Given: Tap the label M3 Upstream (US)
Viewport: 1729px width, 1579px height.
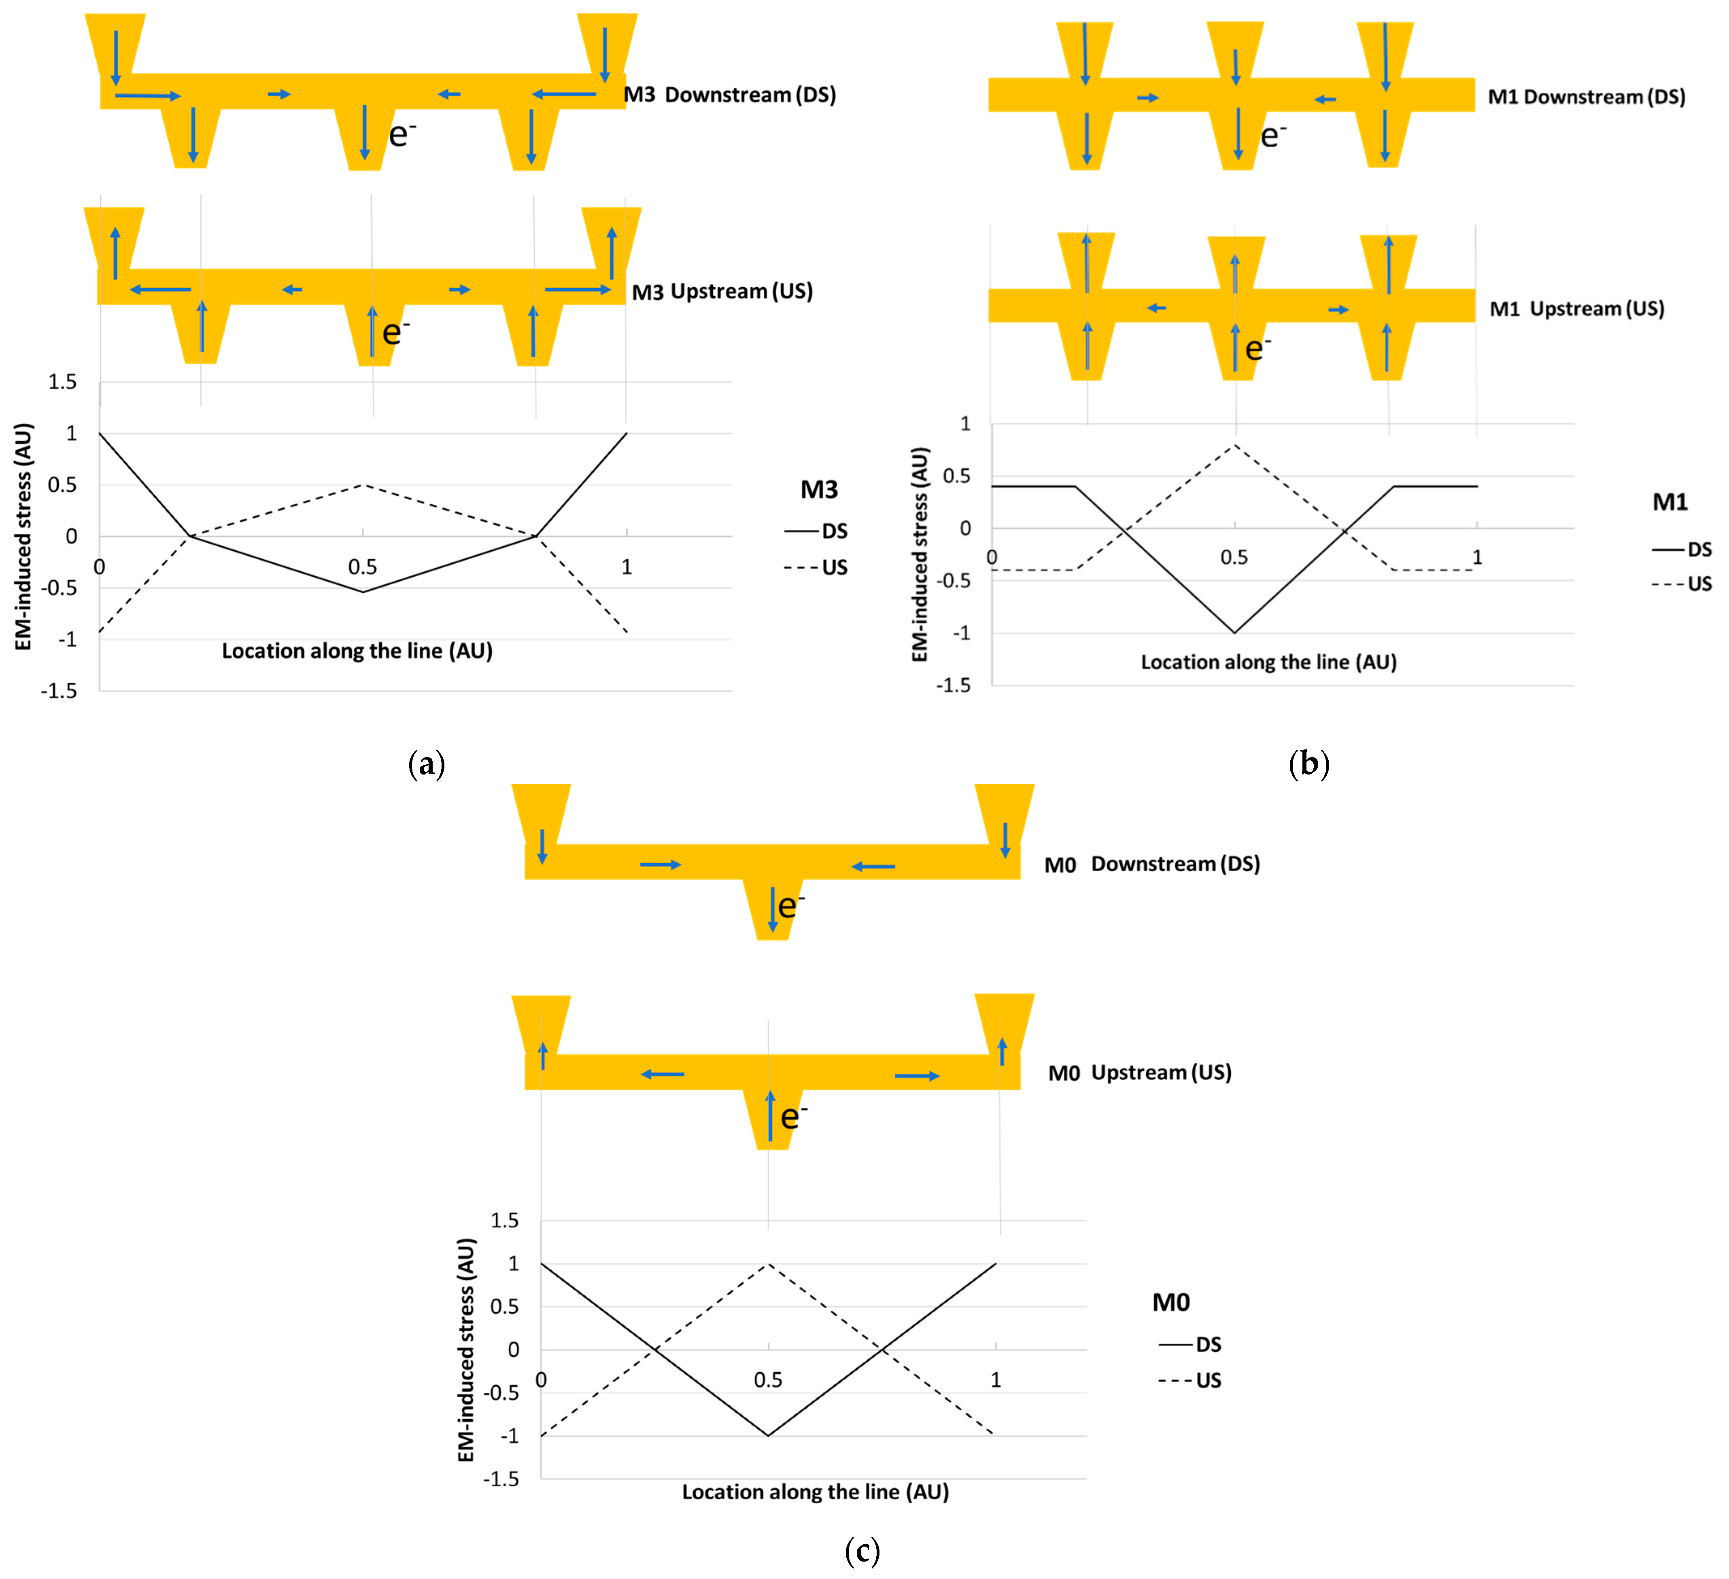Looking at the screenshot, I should (x=722, y=292).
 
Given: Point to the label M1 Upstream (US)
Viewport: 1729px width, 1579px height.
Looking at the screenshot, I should (x=1576, y=309).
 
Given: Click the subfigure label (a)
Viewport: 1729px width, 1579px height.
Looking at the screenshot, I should (x=426, y=763).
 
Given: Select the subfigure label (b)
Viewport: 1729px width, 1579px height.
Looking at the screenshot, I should (x=1309, y=763).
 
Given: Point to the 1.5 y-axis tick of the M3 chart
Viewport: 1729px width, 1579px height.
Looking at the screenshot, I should (x=62, y=382).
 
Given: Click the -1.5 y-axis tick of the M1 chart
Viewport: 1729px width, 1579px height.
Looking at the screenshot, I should (x=954, y=685).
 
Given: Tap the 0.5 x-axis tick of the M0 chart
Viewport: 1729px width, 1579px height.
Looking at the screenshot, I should (x=768, y=1380).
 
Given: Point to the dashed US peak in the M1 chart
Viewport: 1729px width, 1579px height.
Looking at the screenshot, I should (x=1235, y=445).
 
